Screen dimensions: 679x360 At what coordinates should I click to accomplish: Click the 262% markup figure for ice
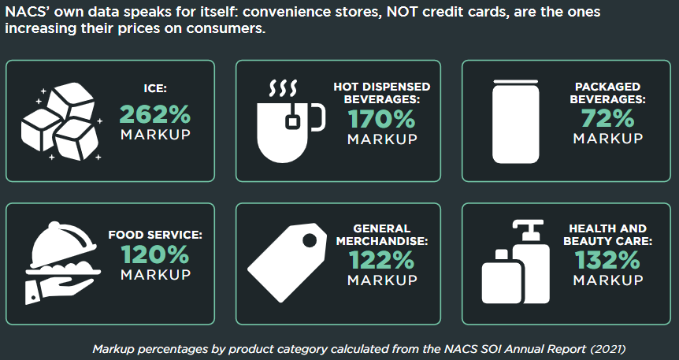[155, 115]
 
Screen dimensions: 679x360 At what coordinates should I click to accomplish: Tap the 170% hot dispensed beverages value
[381, 119]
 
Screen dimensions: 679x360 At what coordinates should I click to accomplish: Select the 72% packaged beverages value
[607, 118]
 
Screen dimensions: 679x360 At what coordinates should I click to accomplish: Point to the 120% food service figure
[155, 254]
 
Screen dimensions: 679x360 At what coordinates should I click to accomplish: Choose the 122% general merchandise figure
[381, 260]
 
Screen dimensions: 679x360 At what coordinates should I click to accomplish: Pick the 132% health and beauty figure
[607, 260]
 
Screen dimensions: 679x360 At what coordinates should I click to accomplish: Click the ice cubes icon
[61, 122]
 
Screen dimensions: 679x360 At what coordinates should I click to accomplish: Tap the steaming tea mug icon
[291, 121]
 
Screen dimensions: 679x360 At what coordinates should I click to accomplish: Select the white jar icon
[516, 122]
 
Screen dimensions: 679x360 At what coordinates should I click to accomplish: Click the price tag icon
[287, 262]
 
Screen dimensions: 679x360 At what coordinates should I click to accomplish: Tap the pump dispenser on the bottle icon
[528, 229]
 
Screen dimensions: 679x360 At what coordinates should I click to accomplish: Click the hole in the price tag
[310, 240]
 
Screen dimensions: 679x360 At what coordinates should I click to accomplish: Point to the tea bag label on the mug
[292, 122]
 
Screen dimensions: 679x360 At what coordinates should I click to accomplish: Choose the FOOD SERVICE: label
[155, 235]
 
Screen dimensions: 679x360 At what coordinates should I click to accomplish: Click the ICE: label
[155, 88]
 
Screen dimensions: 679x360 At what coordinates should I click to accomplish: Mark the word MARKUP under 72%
[608, 138]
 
